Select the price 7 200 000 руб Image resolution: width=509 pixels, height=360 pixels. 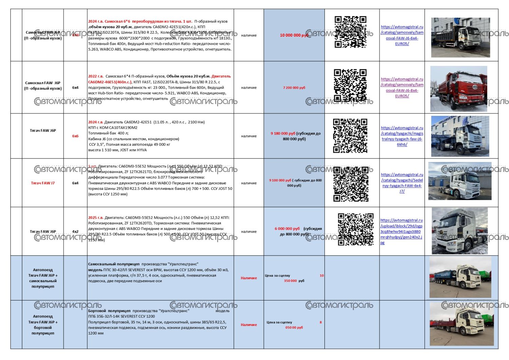pos(294,88)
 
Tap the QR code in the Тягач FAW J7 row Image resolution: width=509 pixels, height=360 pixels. pos(351,184)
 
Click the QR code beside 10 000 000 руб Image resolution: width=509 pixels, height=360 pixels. pos(351,32)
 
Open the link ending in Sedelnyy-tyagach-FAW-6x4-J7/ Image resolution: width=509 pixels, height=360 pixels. pos(402,183)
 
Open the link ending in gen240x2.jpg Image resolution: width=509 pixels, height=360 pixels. pos(401,231)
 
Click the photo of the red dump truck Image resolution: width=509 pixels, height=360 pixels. pos(459,89)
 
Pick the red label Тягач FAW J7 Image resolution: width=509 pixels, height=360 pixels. pos(43,183)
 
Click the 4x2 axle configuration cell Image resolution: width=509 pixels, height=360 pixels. pos(75,232)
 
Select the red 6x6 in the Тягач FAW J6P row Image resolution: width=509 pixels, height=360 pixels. pos(75,136)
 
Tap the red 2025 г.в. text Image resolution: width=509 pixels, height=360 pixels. pos(96,218)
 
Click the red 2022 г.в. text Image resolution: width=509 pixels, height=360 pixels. pos(96,76)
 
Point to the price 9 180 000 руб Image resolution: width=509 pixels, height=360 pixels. pos(283,133)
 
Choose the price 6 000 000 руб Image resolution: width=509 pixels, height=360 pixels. pos(287,229)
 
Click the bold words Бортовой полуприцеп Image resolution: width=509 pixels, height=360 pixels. pos(109,311)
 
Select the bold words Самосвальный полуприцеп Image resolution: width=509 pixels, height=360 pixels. pos(114,264)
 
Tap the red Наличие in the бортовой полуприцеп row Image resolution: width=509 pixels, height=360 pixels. pos(249,325)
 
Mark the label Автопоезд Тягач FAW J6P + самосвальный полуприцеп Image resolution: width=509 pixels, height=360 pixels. pos(43,278)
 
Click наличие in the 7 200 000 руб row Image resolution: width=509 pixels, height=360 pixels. pos(249,88)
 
